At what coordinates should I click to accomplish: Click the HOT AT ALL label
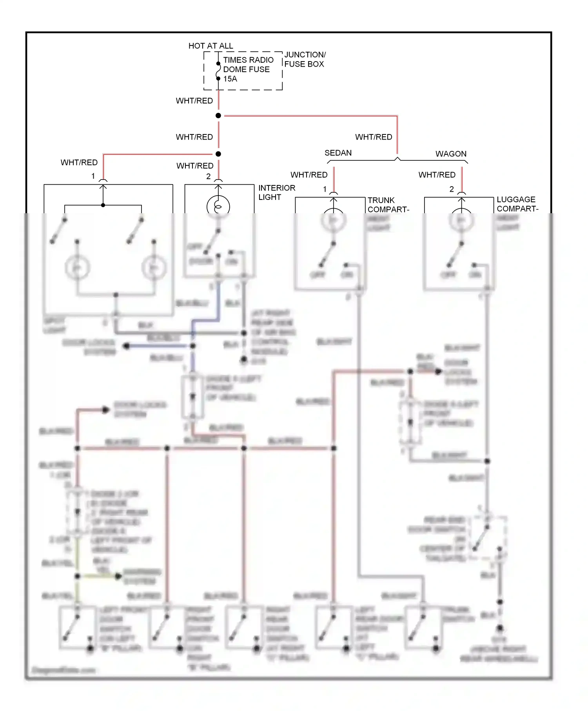coord(211,46)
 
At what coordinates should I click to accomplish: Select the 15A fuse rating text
coord(230,79)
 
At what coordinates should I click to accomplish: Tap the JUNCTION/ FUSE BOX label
coord(305,59)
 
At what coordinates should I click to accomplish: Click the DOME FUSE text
coord(246,69)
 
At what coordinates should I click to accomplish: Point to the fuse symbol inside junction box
coord(218,71)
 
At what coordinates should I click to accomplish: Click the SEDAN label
coord(338,153)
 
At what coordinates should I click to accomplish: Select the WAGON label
coord(451,154)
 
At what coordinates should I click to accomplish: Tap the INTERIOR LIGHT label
coord(276,192)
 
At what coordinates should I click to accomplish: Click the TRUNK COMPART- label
coord(388,205)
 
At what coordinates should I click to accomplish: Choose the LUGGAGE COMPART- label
coord(517,204)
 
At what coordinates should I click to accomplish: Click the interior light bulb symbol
coord(218,206)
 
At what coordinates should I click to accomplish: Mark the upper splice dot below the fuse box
coord(218,116)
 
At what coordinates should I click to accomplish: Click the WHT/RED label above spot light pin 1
coord(79,162)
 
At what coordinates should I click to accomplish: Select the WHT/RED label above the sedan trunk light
coord(309,175)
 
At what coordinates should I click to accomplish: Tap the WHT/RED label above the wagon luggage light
coord(437,175)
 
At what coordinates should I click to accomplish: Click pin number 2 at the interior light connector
coord(209,177)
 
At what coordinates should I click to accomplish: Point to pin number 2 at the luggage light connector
coord(452,189)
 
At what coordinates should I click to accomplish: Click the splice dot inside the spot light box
coord(103,205)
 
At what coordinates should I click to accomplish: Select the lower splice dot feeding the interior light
coord(218,154)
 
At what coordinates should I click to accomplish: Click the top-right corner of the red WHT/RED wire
coord(397,116)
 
